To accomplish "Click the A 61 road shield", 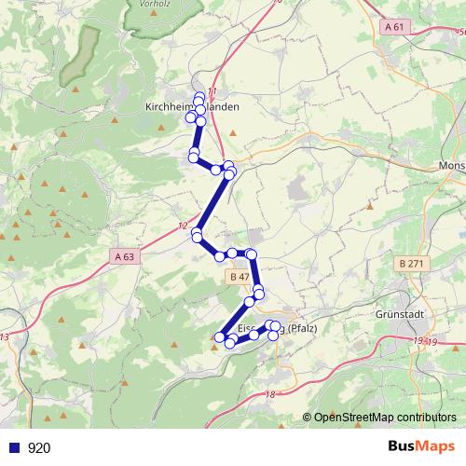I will pos(394,28).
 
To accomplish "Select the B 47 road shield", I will pos(239,277).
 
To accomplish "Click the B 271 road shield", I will pos(409,264).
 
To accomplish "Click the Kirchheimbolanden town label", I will pos(192,107).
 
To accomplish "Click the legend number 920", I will pos(39,447).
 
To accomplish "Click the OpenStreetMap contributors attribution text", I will pos(384,418).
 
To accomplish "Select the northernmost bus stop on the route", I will pos(199,97).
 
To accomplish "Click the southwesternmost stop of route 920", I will pos(220,337).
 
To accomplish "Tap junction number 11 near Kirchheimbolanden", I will pos(212,90).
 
